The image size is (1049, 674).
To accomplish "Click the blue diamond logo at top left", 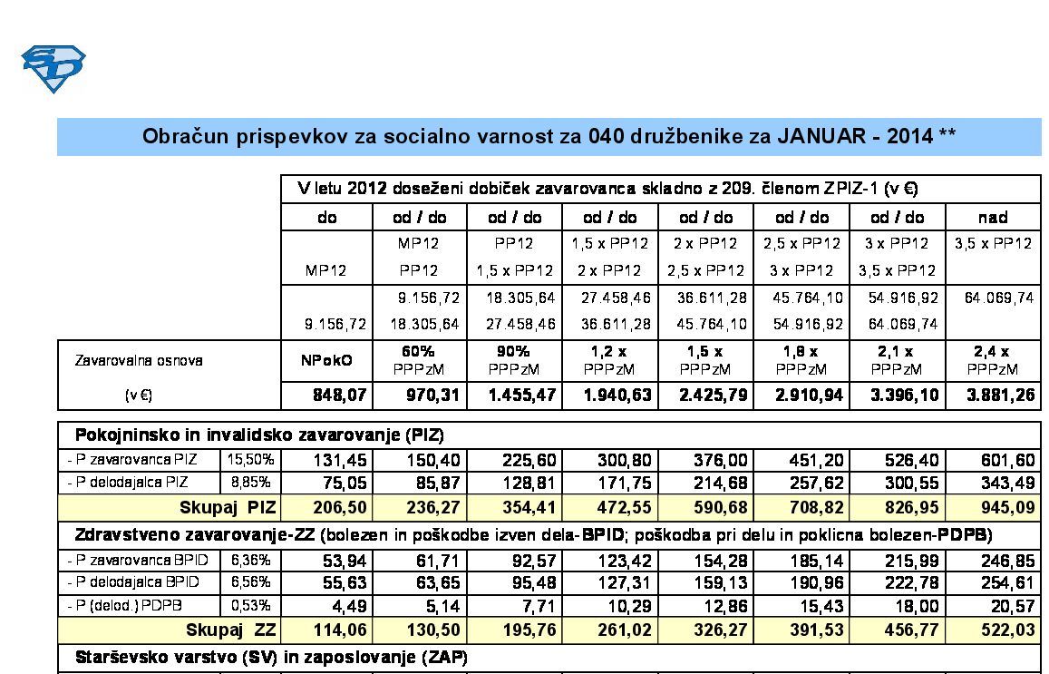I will click(53, 69).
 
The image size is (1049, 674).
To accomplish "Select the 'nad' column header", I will click(993, 218).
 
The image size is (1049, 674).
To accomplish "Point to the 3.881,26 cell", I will click(994, 396).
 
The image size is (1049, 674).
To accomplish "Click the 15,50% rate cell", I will click(251, 461).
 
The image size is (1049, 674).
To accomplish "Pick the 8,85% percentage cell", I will click(251, 481).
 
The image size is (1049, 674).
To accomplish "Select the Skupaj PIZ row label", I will click(227, 506).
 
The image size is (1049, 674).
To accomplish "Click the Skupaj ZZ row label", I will click(230, 630).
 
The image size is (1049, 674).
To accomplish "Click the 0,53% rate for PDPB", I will click(251, 604).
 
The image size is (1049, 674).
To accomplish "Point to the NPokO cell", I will click(327, 360).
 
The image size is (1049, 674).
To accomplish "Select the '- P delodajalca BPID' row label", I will click(133, 581).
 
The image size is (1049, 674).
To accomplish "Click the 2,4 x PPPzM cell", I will click(993, 360).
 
